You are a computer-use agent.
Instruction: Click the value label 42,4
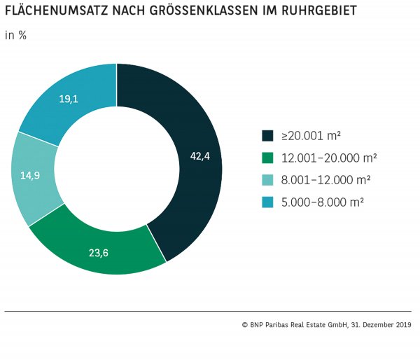click(199, 156)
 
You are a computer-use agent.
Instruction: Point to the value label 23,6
click(98, 253)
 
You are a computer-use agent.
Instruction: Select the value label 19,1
click(68, 99)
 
